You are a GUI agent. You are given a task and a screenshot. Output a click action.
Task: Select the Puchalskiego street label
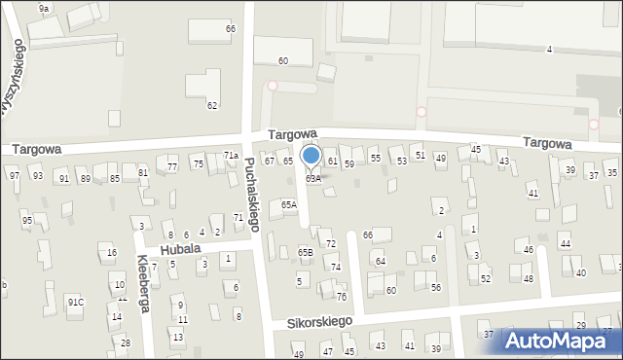(x=251, y=195)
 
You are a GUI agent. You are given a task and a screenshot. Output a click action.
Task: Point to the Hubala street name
(x=181, y=249)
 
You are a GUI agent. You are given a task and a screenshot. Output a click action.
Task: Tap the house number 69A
(x=312, y=179)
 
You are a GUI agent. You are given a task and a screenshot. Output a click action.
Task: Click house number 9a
(x=44, y=8)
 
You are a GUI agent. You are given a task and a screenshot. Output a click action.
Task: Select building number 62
(x=212, y=105)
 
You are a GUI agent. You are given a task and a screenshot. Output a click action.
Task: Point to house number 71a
(x=231, y=156)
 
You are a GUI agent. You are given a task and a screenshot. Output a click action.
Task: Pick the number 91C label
(x=75, y=303)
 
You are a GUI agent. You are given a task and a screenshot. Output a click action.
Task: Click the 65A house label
(x=289, y=205)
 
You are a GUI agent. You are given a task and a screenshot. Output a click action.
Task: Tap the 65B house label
(x=306, y=253)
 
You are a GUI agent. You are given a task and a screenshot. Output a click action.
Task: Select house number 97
(x=14, y=175)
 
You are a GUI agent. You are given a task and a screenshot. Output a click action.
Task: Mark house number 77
(x=172, y=167)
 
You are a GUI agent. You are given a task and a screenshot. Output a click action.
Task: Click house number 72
(x=331, y=243)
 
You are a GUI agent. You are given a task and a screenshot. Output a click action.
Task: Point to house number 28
(x=125, y=342)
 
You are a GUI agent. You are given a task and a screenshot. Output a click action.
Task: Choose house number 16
(x=112, y=253)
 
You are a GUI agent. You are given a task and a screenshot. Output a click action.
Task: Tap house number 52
(x=485, y=279)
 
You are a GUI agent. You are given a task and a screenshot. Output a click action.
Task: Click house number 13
(x=177, y=337)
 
